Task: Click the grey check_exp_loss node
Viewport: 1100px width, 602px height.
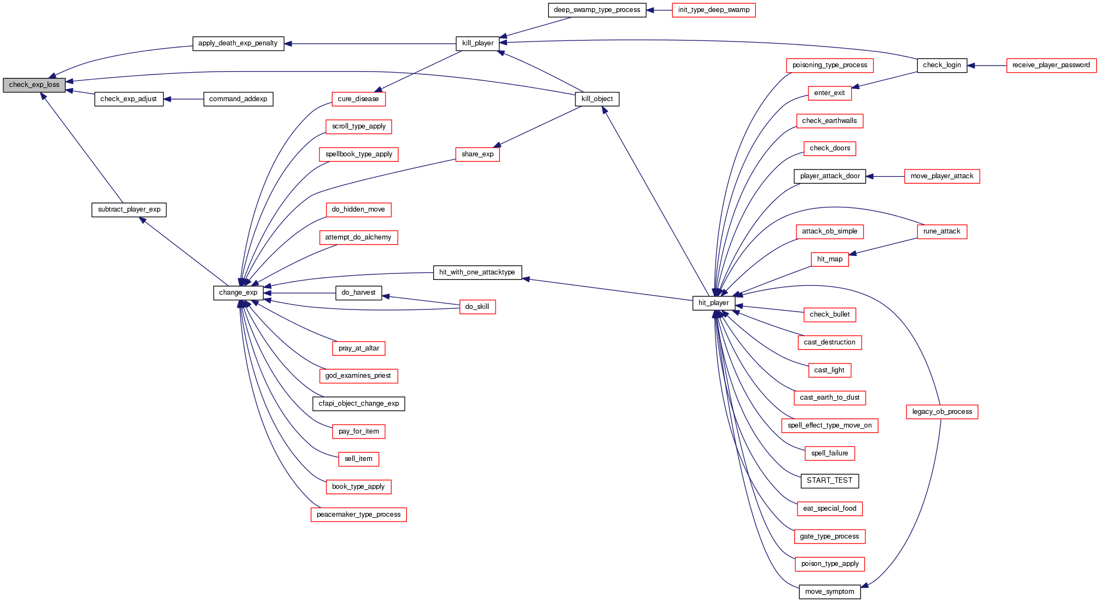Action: click(x=34, y=85)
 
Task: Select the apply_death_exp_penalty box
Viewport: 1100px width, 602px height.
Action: click(x=238, y=43)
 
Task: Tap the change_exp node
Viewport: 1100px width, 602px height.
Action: click(x=238, y=293)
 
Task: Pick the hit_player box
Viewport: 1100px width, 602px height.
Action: click(x=713, y=303)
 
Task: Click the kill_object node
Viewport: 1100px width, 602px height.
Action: click(x=597, y=99)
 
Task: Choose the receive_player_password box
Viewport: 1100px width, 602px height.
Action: click(x=1051, y=65)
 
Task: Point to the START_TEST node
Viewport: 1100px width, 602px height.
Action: click(x=829, y=481)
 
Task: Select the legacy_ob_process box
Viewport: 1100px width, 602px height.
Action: click(x=942, y=412)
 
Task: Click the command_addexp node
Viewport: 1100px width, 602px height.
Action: click(x=238, y=99)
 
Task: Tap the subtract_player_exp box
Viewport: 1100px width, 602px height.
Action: click(x=129, y=209)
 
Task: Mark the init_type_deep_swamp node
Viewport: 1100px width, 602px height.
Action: click(x=713, y=10)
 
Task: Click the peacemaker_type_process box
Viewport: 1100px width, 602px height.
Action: click(x=358, y=515)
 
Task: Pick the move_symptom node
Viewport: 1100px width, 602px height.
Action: click(x=829, y=592)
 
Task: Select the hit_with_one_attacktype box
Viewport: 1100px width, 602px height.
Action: click(x=477, y=272)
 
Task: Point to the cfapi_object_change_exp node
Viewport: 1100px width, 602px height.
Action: click(x=358, y=404)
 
